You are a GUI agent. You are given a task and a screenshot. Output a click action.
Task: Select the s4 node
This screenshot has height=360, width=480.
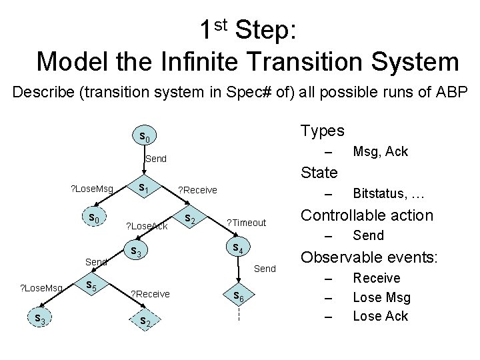235,248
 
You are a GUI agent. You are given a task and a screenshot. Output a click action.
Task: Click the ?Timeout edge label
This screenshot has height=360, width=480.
247,223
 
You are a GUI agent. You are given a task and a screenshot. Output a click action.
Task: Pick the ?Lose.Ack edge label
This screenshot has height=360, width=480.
147,226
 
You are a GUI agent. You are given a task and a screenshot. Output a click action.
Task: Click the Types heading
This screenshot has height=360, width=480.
323,130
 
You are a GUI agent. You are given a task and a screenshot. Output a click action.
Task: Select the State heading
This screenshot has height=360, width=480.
320,173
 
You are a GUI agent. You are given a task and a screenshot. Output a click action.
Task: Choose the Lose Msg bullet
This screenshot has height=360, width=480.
381,297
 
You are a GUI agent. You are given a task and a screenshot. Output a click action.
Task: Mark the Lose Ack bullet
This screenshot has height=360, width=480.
380,316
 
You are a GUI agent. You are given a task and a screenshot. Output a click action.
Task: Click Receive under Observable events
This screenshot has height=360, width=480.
376,278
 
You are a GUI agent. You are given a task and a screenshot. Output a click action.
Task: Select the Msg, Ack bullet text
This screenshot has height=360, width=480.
380,152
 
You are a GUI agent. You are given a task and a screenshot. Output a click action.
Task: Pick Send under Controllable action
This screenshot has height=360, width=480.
368,235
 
